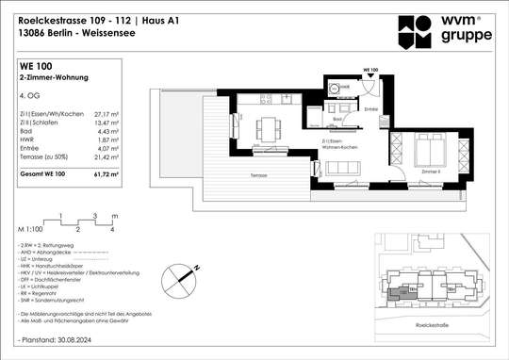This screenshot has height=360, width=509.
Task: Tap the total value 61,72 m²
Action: coord(115,175)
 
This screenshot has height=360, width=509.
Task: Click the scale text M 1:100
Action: coord(33,229)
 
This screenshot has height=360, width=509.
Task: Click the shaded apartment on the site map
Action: coord(404,291)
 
